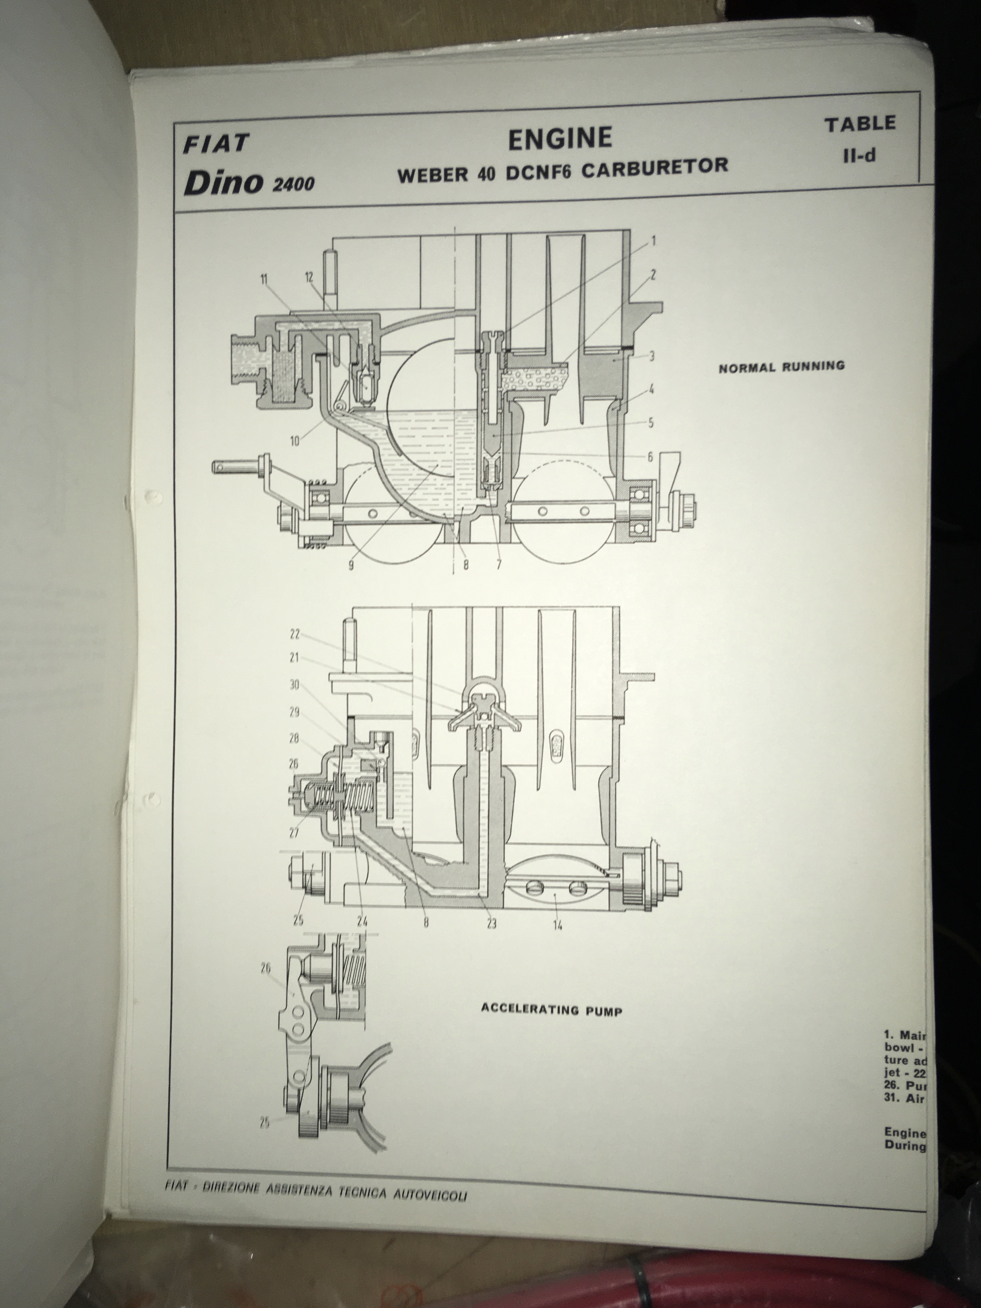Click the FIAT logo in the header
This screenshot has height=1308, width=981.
(216, 144)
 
